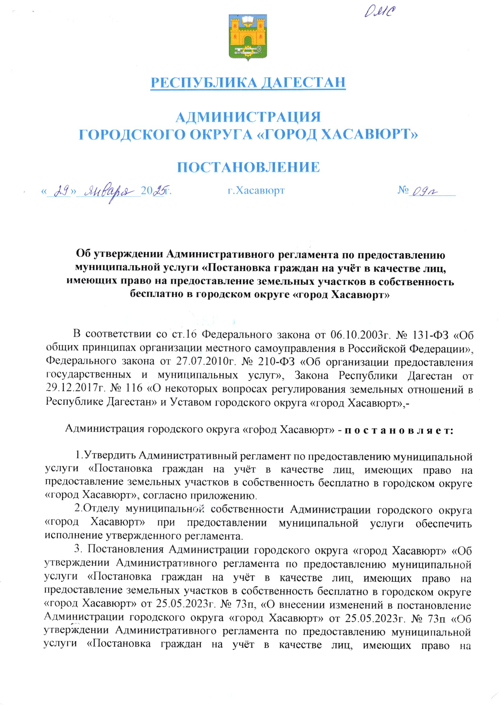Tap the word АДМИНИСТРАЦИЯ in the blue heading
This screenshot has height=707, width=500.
[248, 117]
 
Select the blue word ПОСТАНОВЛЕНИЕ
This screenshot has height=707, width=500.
[248, 167]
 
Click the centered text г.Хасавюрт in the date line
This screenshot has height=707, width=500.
[256, 191]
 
